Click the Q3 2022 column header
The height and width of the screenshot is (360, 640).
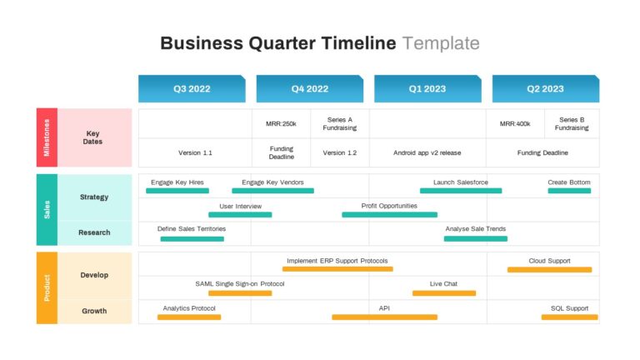pyautogui.click(x=192, y=88)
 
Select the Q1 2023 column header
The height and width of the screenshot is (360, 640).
pyautogui.click(x=427, y=88)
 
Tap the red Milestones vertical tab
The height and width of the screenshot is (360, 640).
pyautogui.click(x=47, y=137)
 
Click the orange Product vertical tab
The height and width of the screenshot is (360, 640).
pyautogui.click(x=47, y=287)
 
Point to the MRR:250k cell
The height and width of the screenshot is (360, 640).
pyautogui.click(x=281, y=123)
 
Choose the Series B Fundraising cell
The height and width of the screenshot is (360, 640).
pyautogui.click(x=572, y=123)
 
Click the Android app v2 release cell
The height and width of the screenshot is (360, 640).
pyautogui.click(x=427, y=152)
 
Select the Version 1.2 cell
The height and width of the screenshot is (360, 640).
pyautogui.click(x=340, y=152)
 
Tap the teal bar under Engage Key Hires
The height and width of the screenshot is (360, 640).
pyautogui.click(x=177, y=191)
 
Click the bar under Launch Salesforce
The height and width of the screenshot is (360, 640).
pyautogui.click(x=461, y=191)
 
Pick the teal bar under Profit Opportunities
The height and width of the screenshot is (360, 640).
pyautogui.click(x=390, y=215)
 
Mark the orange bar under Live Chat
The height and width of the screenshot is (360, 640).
pyautogui.click(x=444, y=293)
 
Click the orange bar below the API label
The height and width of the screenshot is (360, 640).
pyautogui.click(x=384, y=317)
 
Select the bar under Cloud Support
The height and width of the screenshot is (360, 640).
pyautogui.click(x=550, y=270)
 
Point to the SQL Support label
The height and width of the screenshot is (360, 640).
pyautogui.click(x=569, y=308)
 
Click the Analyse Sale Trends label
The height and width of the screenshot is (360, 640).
pyautogui.click(x=476, y=228)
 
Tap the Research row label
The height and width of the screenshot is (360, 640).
pyautogui.click(x=94, y=232)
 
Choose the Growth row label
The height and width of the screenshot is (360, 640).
pyautogui.click(x=94, y=311)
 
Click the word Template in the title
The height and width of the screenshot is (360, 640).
pyautogui.click(x=441, y=43)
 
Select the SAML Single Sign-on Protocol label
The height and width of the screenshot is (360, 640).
pyautogui.click(x=240, y=283)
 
